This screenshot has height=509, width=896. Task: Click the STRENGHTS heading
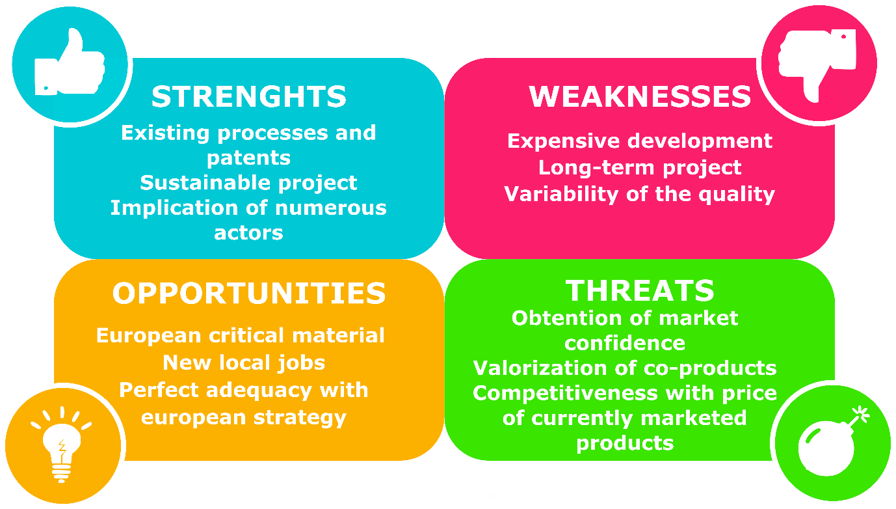[249, 96]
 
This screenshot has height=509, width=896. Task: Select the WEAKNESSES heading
[640, 96]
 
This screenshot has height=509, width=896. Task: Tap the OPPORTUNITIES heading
[249, 293]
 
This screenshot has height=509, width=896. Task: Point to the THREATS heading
[640, 290]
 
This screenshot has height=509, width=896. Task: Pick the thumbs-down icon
[818, 64]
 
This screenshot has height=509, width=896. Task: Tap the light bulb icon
[62, 445]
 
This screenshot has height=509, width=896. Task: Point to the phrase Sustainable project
[249, 183]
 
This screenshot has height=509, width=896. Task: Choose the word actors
[249, 233]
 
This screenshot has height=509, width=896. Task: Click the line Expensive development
[640, 141]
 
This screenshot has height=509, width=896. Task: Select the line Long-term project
[640, 168]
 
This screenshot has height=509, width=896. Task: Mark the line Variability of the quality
[640, 195]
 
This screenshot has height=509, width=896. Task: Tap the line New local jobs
[244, 363]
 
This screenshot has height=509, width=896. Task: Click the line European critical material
[241, 336]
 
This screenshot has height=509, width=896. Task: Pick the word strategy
[300, 419]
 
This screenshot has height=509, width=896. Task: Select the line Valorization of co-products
[625, 368]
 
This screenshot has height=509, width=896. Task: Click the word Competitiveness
[565, 393]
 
